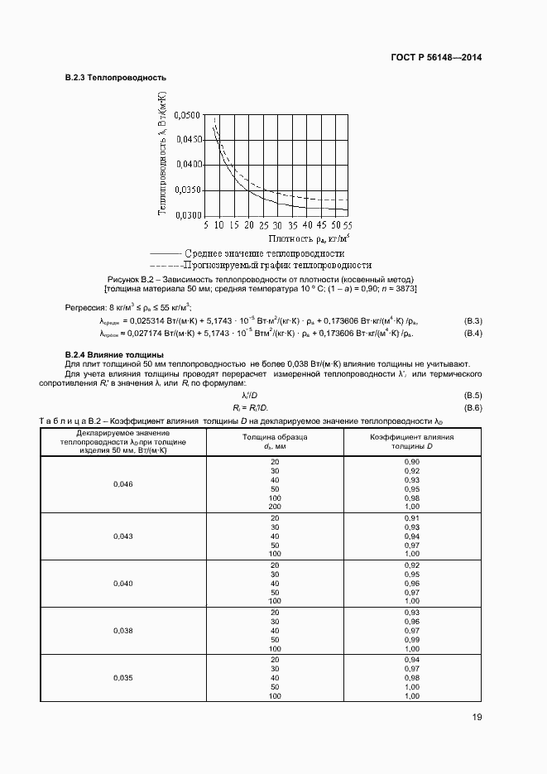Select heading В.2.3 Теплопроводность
point(115,78)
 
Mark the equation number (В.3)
point(473,320)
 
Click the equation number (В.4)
point(473,333)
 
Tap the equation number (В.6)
point(473,408)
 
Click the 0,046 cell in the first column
point(122,483)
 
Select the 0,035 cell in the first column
point(122,678)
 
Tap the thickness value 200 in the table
point(275,506)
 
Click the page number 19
point(477,718)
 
